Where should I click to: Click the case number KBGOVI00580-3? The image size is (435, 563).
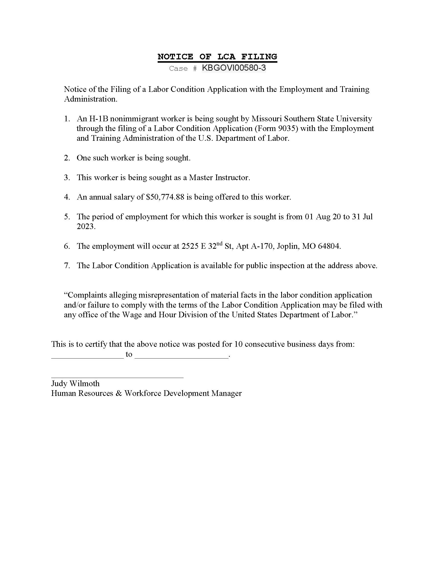click(x=234, y=68)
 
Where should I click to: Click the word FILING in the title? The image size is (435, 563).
click(x=259, y=57)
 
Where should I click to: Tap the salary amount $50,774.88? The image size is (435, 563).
click(x=165, y=197)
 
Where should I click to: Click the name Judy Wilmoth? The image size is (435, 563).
click(x=75, y=383)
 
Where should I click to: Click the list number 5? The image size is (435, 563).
click(x=67, y=217)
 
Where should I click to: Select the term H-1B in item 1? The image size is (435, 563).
click(x=99, y=118)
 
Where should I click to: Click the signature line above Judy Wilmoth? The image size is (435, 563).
click(x=117, y=377)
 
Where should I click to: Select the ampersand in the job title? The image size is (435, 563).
click(x=119, y=393)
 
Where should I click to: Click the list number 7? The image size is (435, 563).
click(x=67, y=266)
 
